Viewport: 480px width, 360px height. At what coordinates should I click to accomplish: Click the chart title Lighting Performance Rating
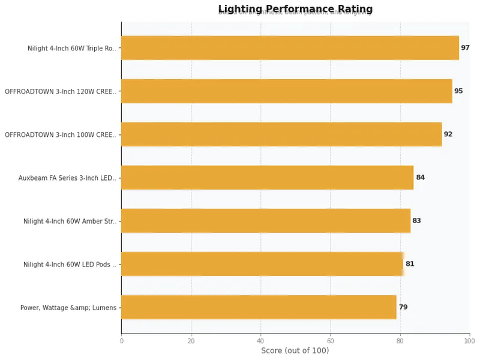(x=295, y=9)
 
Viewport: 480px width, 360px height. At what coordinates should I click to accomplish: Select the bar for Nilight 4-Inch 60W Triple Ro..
(x=290, y=48)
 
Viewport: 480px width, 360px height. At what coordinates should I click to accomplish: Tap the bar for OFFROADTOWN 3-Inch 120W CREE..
(x=287, y=91)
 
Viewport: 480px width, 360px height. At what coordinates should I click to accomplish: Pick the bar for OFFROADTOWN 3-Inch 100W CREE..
(x=281, y=134)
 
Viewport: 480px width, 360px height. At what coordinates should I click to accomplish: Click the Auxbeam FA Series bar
(x=267, y=178)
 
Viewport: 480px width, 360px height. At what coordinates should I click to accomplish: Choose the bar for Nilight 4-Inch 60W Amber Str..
(x=266, y=221)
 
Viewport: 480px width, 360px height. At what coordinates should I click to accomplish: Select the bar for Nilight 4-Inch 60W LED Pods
(x=262, y=264)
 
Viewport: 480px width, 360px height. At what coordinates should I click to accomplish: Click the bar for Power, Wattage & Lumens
(x=259, y=307)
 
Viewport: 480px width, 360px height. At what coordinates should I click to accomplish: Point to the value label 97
(x=465, y=48)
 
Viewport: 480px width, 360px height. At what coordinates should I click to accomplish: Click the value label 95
(x=458, y=91)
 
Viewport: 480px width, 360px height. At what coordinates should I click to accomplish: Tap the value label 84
(x=420, y=178)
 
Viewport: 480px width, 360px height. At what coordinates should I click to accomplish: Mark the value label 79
(x=403, y=307)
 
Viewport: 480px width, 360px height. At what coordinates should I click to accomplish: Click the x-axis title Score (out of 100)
(x=295, y=350)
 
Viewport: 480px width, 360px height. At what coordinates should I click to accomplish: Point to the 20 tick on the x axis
(x=191, y=340)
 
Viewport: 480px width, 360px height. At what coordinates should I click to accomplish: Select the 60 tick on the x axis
(x=330, y=340)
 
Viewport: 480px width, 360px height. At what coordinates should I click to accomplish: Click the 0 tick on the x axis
(x=121, y=340)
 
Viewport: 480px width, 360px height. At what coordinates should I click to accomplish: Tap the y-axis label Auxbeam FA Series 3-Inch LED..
(x=67, y=178)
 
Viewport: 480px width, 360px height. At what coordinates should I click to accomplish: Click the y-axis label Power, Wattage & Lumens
(x=68, y=308)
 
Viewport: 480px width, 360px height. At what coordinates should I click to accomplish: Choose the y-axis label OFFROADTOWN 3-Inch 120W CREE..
(x=61, y=92)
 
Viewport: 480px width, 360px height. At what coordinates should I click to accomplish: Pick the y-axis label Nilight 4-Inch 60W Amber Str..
(x=70, y=221)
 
